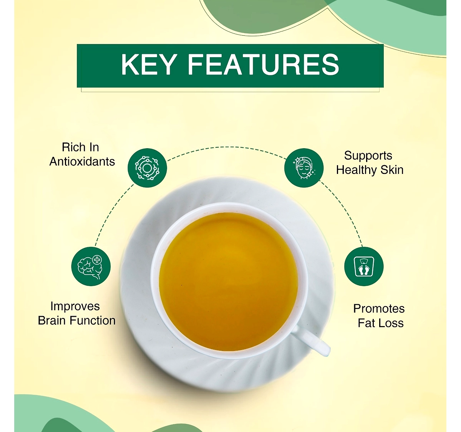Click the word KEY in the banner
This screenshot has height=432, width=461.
148,64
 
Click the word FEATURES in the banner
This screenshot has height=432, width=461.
263,64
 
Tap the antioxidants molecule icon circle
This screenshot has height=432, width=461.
147,167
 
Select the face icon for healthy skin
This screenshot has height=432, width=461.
303,167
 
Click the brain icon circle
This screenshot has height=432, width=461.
91,266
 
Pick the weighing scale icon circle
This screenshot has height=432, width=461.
363,266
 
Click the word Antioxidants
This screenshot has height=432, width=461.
82,162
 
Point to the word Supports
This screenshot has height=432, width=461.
368,156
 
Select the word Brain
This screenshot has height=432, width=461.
52,321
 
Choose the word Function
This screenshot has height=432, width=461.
93,321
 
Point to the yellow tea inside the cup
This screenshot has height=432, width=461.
229,281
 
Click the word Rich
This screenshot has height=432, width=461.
71,147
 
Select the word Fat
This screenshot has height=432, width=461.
366,323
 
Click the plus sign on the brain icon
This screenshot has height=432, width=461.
97,260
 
